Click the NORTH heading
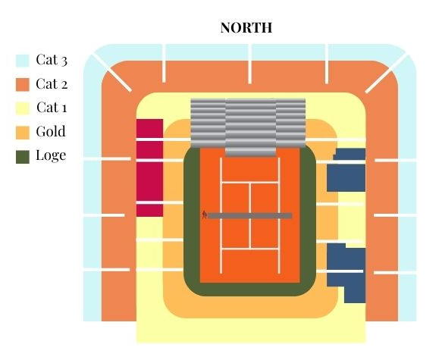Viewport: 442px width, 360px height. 246,27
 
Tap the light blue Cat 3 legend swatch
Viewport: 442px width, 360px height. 23,61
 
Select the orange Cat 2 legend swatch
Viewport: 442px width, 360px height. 23,85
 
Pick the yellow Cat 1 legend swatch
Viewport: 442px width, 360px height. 23,108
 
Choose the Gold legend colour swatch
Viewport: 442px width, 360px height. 23,133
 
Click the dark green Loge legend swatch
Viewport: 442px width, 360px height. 23,157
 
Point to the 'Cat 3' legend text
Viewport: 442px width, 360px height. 52,60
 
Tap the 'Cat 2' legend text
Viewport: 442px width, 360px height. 52,83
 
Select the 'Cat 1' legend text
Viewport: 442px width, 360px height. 52,108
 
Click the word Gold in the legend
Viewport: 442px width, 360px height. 51,131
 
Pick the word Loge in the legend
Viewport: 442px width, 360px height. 51,155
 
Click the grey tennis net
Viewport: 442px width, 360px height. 250,216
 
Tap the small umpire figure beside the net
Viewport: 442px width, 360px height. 205,215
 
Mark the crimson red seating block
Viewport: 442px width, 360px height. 149,168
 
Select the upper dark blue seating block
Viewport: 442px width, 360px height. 346,170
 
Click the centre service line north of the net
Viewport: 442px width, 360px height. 250,198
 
